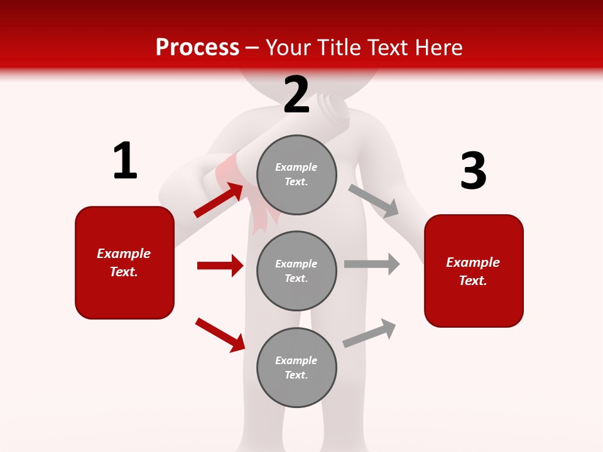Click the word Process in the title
pyautogui.click(x=197, y=47)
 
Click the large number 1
pyautogui.click(x=125, y=161)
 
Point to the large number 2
pyautogui.click(x=296, y=95)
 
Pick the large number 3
pyautogui.click(x=473, y=171)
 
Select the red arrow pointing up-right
pyautogui.click(x=219, y=200)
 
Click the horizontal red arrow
pyautogui.click(x=220, y=266)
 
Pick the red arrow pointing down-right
pyautogui.click(x=220, y=335)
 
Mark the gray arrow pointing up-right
pyautogui.click(x=369, y=333)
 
